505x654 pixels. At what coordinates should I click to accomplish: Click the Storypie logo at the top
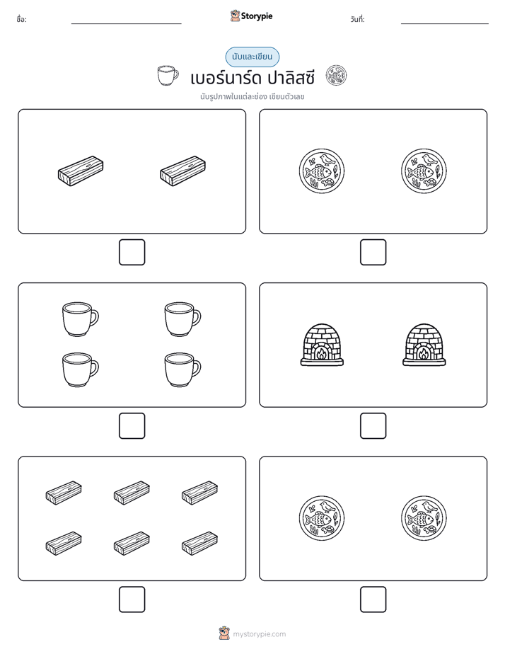point(251,16)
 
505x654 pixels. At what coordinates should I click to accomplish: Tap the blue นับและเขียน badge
point(252,57)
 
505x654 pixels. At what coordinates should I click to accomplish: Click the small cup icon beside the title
point(168,76)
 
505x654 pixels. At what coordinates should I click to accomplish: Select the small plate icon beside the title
point(336,76)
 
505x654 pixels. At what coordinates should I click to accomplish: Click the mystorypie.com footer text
point(259,634)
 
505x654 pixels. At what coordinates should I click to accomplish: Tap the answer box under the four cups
point(132,426)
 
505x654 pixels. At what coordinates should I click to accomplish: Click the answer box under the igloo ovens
point(373,426)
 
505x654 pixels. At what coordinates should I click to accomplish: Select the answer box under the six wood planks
point(132,599)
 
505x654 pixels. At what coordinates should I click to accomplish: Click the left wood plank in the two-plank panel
point(81,171)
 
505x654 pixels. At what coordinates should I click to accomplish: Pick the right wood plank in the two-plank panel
point(183,171)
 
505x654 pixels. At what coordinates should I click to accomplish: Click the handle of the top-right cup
point(197,318)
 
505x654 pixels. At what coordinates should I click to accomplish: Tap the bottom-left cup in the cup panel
point(81,369)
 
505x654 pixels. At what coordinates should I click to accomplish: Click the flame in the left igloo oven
point(321,354)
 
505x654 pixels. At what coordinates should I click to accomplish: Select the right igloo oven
point(424,345)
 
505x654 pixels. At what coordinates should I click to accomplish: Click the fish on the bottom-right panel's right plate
point(420,520)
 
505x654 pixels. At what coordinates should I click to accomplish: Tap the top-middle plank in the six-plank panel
point(132,493)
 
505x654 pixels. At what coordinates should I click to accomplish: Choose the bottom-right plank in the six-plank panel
point(199,544)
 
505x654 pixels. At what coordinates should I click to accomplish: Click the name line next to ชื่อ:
point(126,24)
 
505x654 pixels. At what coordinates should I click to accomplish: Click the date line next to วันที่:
point(445,24)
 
